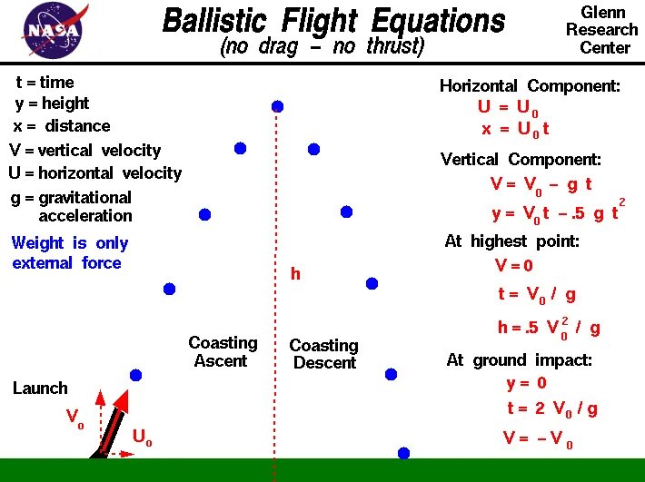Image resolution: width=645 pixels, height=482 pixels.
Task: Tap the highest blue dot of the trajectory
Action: click(277, 106)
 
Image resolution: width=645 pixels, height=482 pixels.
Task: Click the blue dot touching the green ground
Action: click(403, 452)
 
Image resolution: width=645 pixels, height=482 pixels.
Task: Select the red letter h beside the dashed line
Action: click(295, 273)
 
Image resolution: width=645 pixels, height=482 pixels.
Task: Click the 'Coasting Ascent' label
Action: click(223, 351)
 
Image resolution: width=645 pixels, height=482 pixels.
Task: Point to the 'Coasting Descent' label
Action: click(324, 354)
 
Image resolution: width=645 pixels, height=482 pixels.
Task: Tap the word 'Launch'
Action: click(40, 388)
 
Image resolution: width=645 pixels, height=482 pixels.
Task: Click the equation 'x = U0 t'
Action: click(515, 129)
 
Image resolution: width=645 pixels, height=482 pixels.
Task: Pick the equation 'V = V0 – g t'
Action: click(541, 183)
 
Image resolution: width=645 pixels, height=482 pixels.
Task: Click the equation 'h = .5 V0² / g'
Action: click(548, 327)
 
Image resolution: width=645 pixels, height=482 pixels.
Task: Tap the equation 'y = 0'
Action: click(526, 383)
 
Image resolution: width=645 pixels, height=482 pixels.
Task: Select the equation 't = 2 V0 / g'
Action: click(551, 408)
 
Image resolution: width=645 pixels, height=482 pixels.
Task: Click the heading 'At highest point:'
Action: click(511, 241)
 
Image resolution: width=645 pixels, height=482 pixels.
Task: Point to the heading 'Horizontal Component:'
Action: click(530, 86)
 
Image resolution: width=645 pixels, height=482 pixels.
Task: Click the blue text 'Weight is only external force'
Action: click(70, 252)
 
